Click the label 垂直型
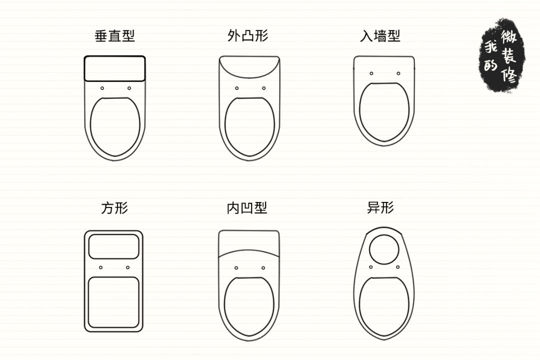coord(114,36)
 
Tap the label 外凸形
coord(248,36)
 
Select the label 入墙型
coord(380,36)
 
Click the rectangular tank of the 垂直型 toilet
coord(114,68)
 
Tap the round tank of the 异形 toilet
coord(384,248)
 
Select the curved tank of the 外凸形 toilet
coord(249,67)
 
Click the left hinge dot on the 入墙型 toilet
coord(371,73)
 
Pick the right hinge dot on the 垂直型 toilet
coord(129,88)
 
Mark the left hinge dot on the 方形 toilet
coord(100,267)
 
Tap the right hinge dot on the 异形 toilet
coord(397,267)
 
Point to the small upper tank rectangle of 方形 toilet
coord(113,246)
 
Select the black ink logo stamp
coord(502,55)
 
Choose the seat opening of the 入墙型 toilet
coord(384,111)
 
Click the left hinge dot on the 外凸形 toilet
coord(236,88)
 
